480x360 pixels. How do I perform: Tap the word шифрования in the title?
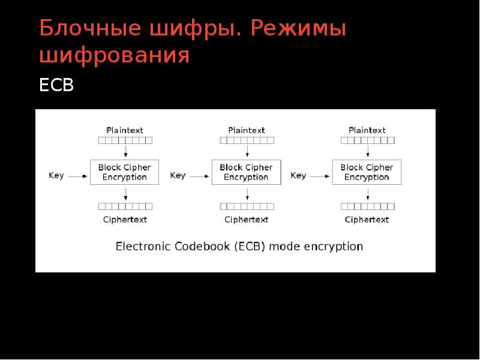click(x=115, y=55)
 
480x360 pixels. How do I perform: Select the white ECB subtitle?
click(x=56, y=85)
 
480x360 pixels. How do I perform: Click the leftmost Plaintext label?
click(x=125, y=130)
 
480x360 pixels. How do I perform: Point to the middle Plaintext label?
click(x=247, y=130)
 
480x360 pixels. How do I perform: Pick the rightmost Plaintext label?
click(x=367, y=130)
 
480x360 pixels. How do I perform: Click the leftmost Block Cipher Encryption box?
click(x=125, y=172)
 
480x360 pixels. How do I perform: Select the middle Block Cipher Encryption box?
click(x=246, y=172)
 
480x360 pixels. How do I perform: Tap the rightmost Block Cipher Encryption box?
click(x=367, y=172)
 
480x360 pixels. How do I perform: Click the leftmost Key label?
click(x=56, y=176)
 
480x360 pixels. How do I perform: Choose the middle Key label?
click(x=178, y=176)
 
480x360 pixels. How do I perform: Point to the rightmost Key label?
click(x=298, y=176)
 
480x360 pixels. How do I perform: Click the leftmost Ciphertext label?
click(x=125, y=220)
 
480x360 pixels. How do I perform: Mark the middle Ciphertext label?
click(x=247, y=220)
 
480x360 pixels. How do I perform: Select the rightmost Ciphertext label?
click(x=367, y=220)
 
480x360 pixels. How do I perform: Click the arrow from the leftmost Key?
click(x=79, y=176)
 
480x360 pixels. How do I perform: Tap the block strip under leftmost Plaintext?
click(x=125, y=140)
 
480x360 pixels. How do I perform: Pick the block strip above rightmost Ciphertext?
click(x=367, y=206)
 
